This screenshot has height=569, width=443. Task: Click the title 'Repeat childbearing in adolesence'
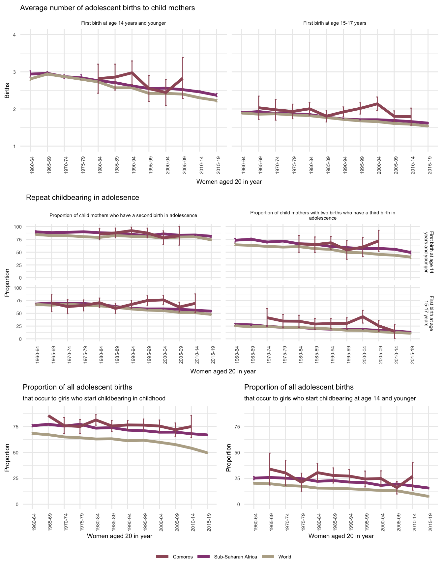[82, 198]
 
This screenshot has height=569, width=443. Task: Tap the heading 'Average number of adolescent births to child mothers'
[107, 8]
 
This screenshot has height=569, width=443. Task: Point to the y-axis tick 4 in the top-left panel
[15, 35]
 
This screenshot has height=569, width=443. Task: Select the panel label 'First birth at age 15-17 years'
[335, 23]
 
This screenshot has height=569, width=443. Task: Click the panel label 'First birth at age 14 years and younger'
[123, 23]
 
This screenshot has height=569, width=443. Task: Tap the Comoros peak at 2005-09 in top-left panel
[183, 78]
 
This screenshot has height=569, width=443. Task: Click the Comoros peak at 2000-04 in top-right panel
[377, 104]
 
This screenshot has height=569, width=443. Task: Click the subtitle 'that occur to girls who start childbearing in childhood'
[94, 398]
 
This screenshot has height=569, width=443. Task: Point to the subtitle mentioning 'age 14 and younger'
[330, 398]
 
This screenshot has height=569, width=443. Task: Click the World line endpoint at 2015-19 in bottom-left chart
[207, 453]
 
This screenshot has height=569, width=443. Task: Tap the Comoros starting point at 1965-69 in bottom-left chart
[48, 416]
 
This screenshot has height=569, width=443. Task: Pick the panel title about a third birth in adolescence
[323, 215]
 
